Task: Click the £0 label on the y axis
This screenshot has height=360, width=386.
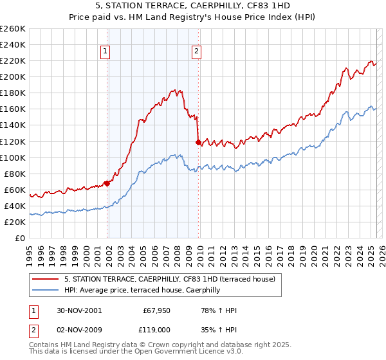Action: tap(19, 238)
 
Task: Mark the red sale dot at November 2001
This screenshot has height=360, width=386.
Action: tap(107, 183)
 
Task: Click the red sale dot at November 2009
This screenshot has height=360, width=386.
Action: tap(198, 142)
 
